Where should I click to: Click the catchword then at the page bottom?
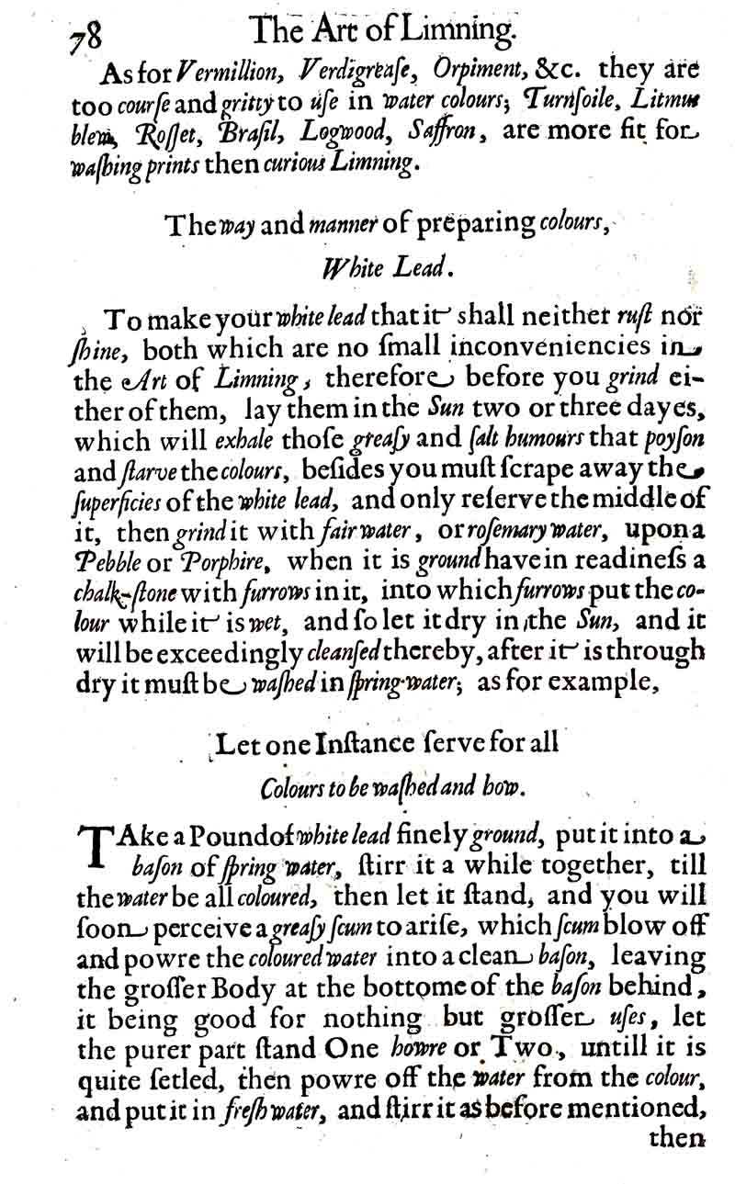point(675,1138)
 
